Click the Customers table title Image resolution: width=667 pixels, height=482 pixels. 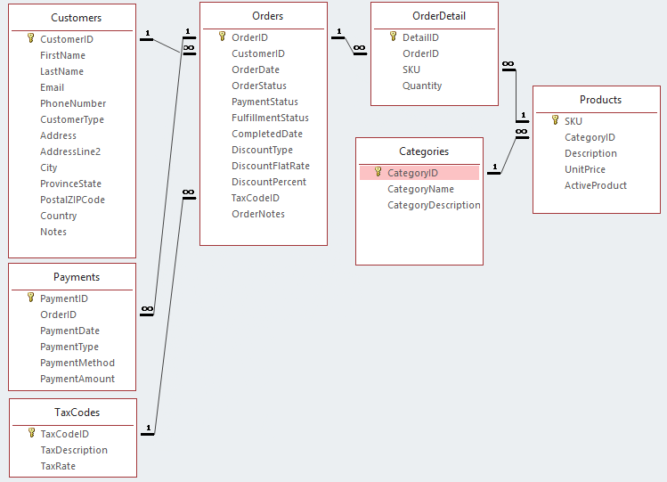click(76, 18)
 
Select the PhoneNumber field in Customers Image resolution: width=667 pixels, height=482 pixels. click(72, 103)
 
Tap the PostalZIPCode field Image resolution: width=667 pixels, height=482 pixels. click(72, 200)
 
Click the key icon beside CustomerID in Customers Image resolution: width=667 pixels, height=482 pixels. click(31, 39)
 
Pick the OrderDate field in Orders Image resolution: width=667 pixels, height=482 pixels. click(256, 69)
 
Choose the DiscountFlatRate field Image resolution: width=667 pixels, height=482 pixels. click(271, 166)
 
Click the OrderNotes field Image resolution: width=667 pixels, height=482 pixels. click(258, 214)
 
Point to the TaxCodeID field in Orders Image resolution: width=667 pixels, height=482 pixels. click(256, 198)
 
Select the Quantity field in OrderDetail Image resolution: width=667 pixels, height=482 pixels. click(422, 86)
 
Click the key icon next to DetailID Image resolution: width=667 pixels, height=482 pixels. click(394, 37)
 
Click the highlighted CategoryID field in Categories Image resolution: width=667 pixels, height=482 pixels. click(412, 173)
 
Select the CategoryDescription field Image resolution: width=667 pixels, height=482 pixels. click(434, 205)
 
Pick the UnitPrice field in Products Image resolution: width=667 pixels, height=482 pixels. click(584, 169)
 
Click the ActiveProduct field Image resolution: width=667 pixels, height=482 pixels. click(595, 185)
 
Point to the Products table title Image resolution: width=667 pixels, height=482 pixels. click(600, 100)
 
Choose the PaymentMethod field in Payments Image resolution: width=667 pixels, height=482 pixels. click(77, 363)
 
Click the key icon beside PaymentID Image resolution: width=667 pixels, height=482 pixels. click(31, 298)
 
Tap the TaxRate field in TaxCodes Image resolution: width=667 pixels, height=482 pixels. click(58, 466)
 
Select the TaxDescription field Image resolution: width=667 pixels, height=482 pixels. click(74, 450)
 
